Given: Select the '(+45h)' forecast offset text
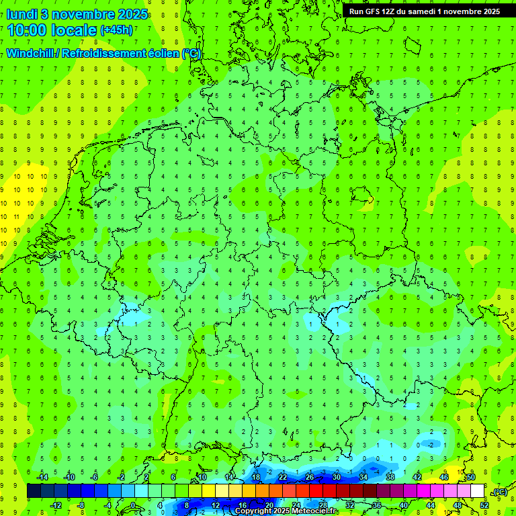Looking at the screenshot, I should [116, 30].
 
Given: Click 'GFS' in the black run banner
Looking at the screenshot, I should [374, 11].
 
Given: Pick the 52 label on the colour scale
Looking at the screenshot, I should [484, 505].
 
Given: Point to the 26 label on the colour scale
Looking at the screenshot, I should [310, 477].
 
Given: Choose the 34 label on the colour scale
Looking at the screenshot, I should [363, 477].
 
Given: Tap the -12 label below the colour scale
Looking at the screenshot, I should [56, 505].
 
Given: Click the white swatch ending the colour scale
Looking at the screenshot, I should [477, 491].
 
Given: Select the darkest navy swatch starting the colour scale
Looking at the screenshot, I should [34, 491].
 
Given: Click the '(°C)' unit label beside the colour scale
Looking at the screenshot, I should [500, 492].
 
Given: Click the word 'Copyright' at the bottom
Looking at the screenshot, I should [253, 511].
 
